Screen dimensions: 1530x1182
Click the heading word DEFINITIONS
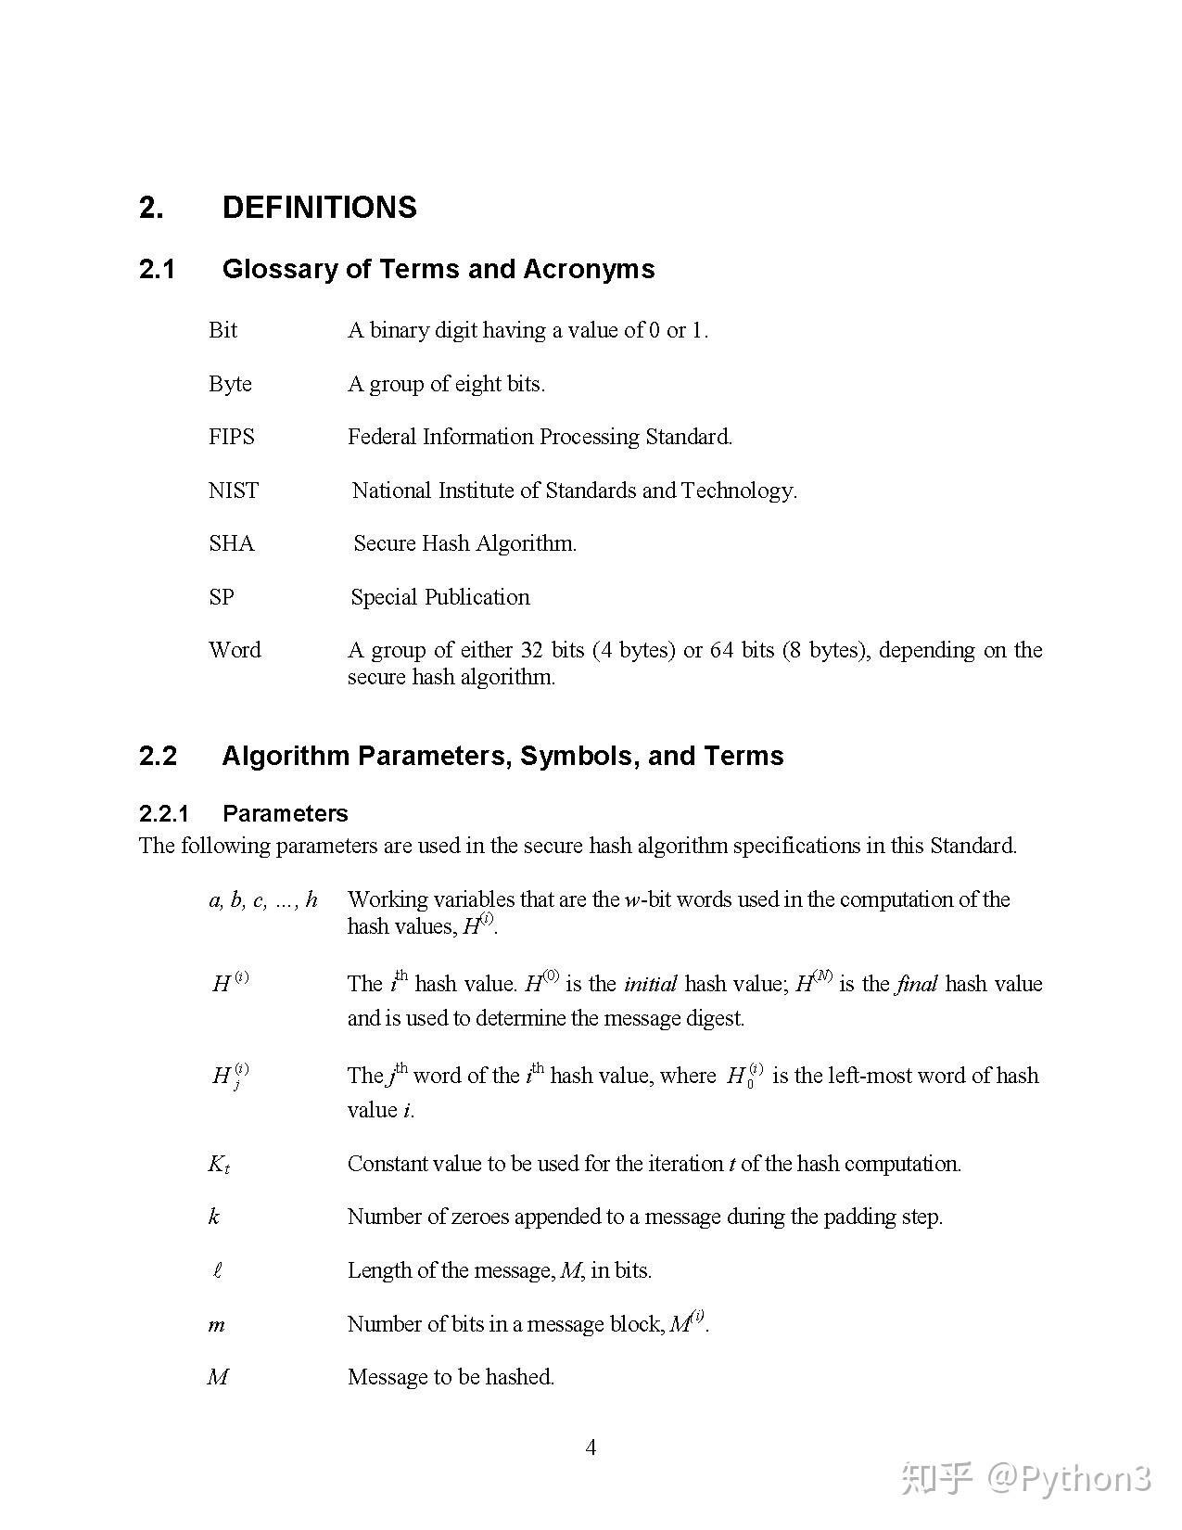319,207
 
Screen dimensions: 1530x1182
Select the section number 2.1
157,269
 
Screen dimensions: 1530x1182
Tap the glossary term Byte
230,384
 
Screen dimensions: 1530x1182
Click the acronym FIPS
231,437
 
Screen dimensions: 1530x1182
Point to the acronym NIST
234,491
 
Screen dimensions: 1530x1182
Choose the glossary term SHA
231,543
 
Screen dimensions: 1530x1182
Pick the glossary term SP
222,597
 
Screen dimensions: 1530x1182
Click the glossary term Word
235,650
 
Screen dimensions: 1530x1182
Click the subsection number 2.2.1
164,814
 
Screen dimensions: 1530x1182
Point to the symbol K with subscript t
218,1165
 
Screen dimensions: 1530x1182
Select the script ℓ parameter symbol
217,1271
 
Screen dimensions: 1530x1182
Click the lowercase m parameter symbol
216,1325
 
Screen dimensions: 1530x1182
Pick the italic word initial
650,984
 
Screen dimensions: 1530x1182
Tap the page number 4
591,1447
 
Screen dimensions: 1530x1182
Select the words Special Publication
440,597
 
